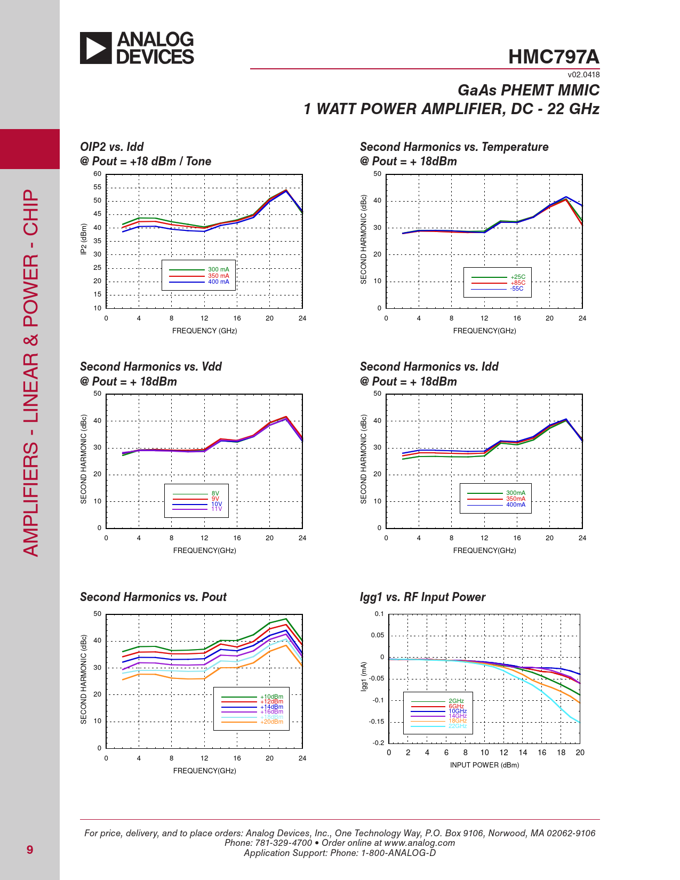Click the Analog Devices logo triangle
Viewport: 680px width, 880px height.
click(95, 48)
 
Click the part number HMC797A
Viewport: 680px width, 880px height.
click(553, 57)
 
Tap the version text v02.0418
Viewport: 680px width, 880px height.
click(583, 75)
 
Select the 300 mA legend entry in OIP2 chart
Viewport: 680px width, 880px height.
click(218, 270)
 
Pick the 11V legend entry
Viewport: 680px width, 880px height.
click(216, 509)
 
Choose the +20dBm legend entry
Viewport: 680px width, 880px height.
click(271, 722)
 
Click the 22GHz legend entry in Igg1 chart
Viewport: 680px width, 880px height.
click(457, 726)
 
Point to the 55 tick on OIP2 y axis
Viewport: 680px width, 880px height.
click(97, 187)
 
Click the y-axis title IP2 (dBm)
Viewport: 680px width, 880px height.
click(84, 239)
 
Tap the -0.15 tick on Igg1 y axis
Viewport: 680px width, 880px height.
click(376, 722)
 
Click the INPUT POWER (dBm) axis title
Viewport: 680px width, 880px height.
click(484, 765)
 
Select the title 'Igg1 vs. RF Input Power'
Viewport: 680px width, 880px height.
click(422, 597)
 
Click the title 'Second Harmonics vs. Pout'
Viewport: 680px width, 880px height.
click(153, 597)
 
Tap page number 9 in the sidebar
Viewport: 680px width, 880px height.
click(30, 850)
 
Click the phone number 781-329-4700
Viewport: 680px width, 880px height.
click(283, 843)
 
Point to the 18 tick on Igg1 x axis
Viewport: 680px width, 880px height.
click(561, 753)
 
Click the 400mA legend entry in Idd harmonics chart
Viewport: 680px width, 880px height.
click(515, 505)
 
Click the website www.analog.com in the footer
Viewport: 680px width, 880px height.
click(419, 843)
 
